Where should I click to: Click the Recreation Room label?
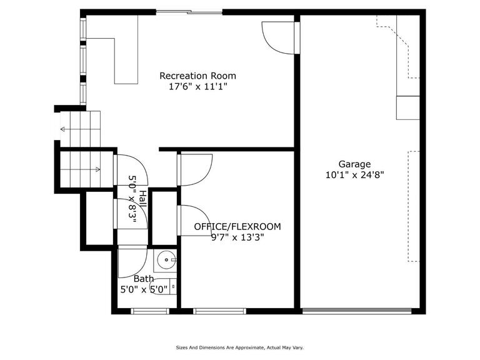coord(197,76)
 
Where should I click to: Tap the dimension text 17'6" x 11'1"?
coord(198,87)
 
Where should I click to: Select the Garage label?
coord(354,164)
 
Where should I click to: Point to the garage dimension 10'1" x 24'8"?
coord(354,175)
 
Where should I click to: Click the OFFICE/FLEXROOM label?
coord(237,226)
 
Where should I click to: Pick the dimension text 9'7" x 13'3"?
coord(237,237)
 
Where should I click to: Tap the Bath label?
coord(144,279)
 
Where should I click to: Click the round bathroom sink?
coord(166,260)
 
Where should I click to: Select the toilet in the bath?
coord(163,286)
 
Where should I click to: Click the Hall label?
coord(142,198)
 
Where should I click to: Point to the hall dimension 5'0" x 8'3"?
coord(132,199)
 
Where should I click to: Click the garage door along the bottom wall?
coord(357,311)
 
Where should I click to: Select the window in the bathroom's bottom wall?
coord(150,311)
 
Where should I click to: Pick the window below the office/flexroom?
coord(220,311)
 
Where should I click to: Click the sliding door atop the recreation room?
coord(189,12)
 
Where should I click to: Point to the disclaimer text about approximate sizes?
coord(240,347)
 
